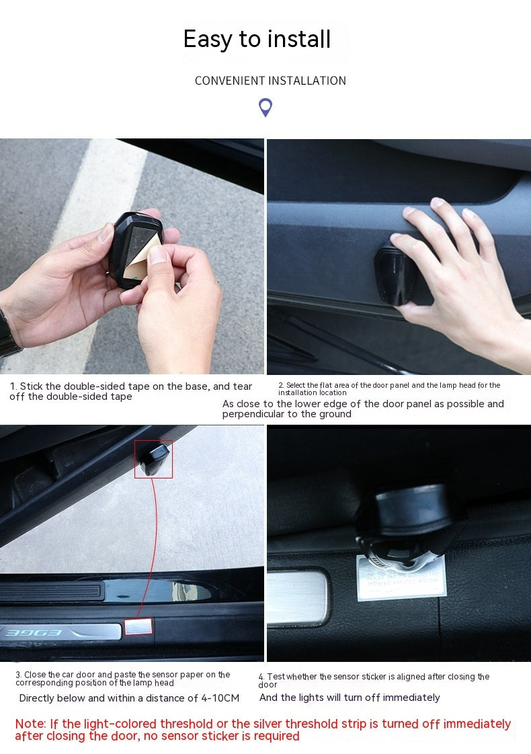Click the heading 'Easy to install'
[257, 40]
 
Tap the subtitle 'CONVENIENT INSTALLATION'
[270, 81]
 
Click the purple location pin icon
[265, 107]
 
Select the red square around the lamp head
[153, 459]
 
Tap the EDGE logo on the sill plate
[44, 632]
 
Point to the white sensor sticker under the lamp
[401, 578]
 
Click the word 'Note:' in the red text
[31, 724]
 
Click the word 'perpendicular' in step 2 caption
[255, 414]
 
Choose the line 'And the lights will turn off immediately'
[350, 698]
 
